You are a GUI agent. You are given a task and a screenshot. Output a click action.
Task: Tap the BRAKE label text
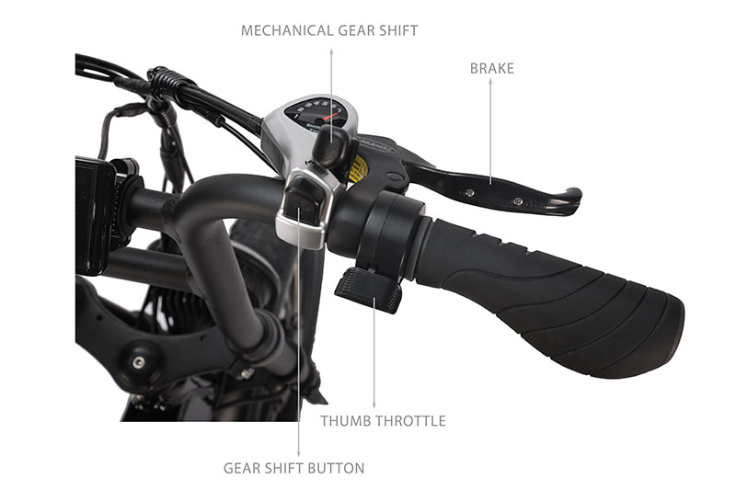tap(492, 68)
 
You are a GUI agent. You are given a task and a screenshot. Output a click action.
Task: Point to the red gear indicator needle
tap(330, 116)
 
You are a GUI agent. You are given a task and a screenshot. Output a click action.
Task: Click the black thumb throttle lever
tap(369, 290)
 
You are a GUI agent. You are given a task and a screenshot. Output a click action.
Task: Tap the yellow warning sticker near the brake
tap(358, 169)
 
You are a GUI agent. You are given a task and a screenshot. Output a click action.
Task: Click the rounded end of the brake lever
tap(573, 199)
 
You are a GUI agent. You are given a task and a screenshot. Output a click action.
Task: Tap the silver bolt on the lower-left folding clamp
tap(138, 361)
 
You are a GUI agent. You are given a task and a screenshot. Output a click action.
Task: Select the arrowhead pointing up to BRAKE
tap(490, 81)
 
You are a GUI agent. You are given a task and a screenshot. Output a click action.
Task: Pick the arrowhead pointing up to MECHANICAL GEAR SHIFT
tap(331, 52)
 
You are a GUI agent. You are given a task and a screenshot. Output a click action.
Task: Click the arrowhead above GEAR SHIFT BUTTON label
tap(298, 453)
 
